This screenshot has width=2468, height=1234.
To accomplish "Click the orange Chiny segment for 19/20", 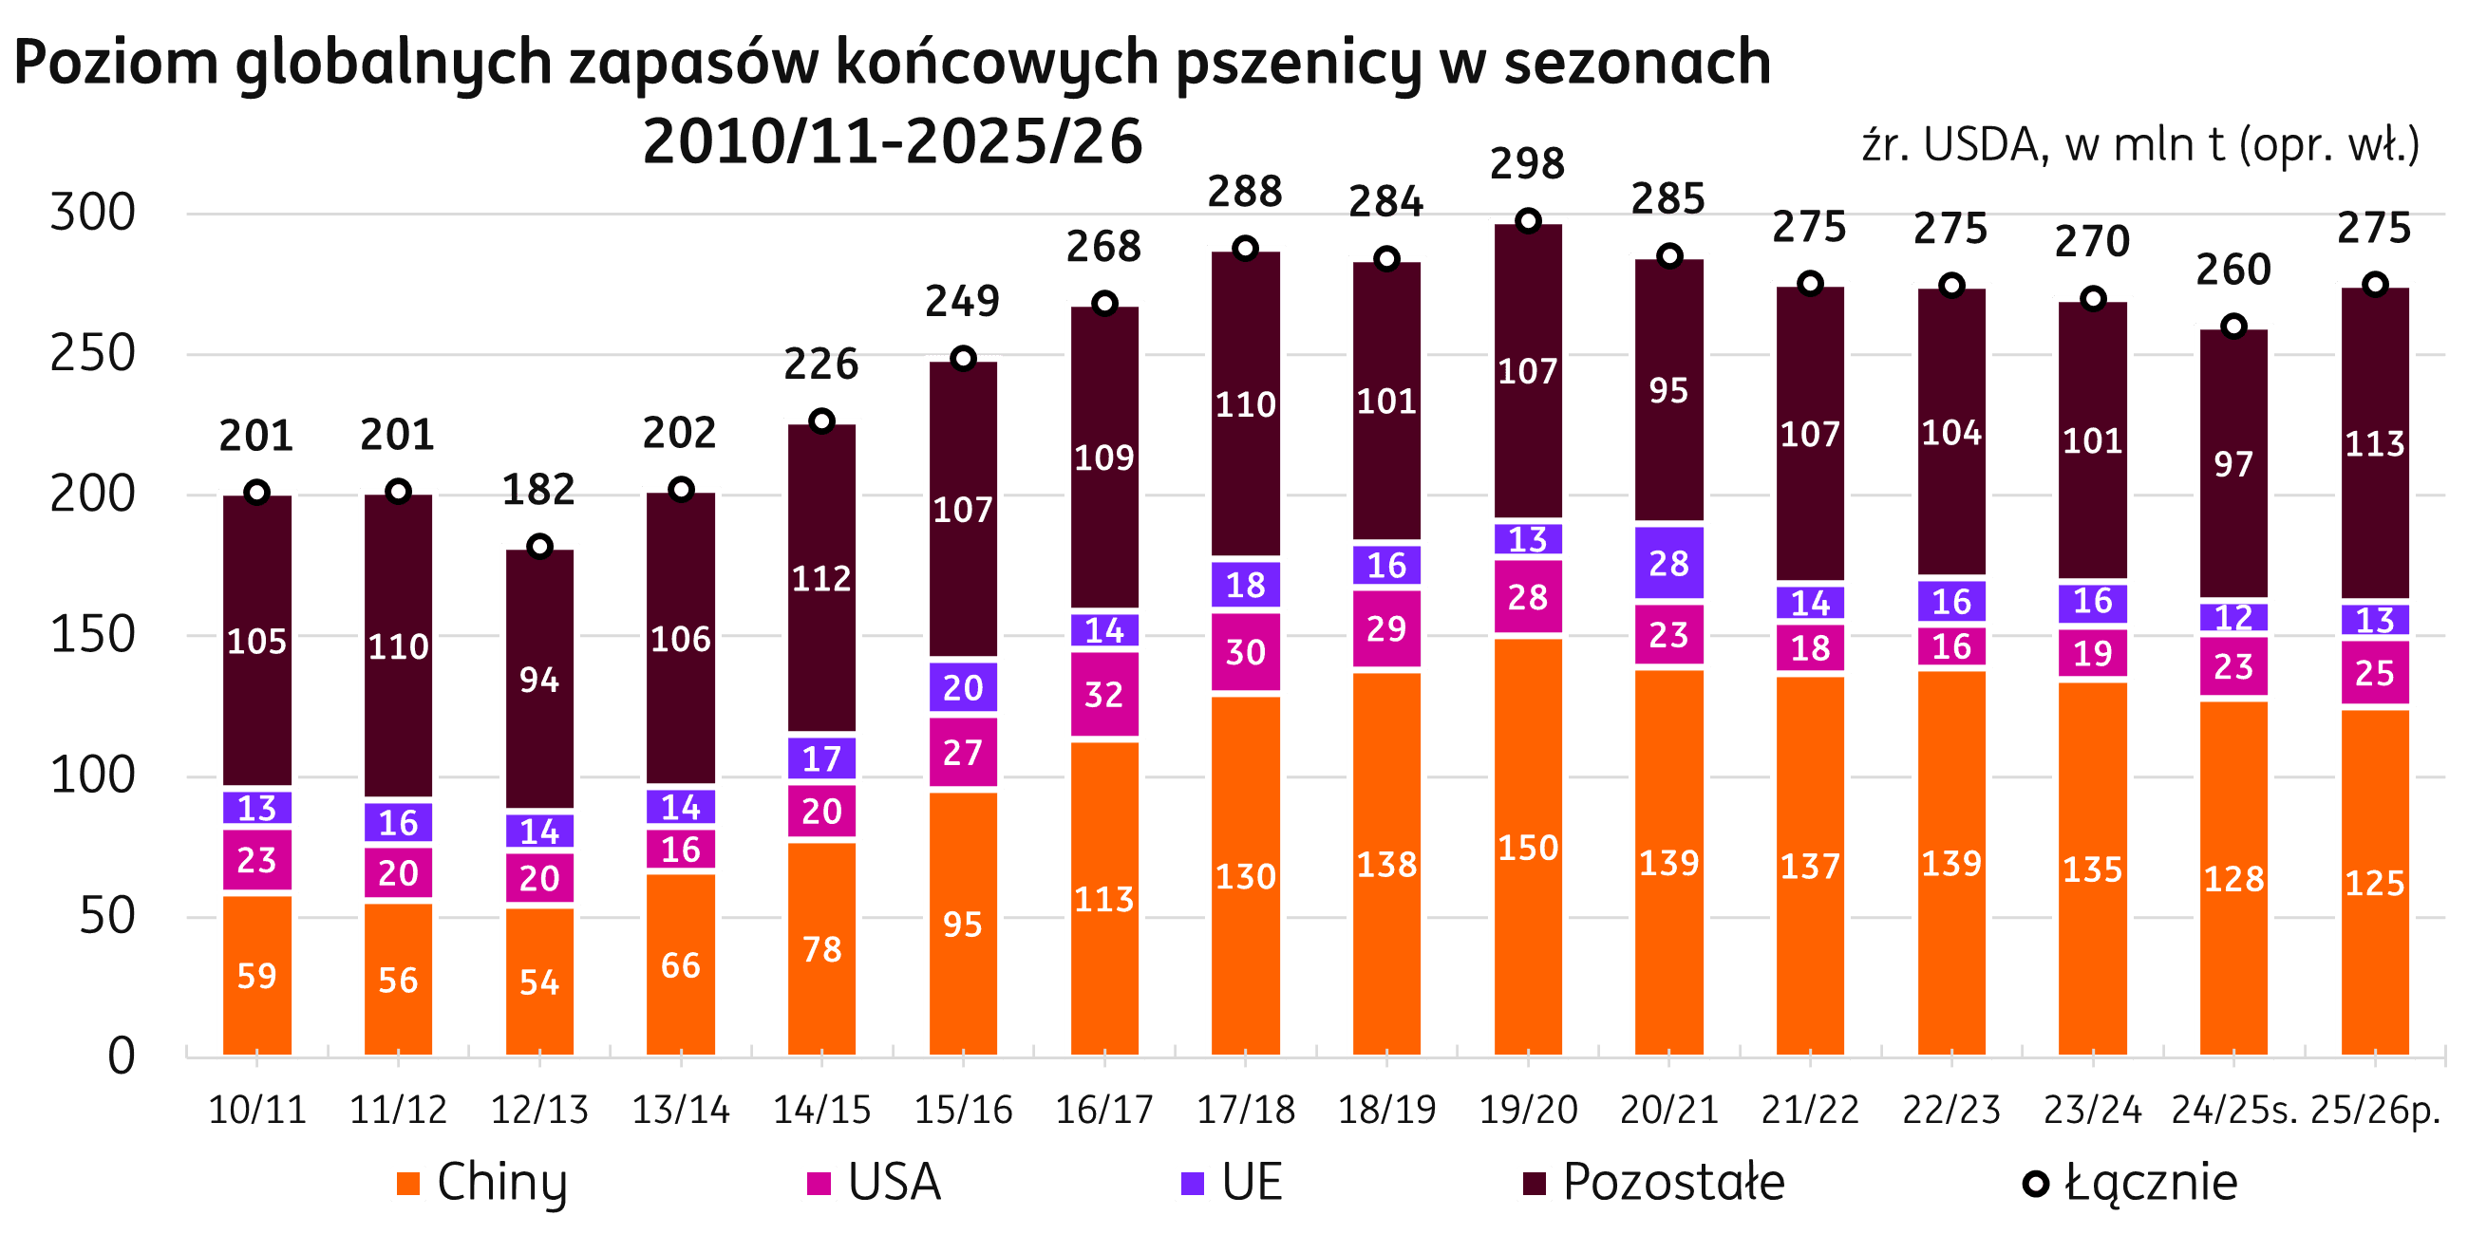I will point(1528,847).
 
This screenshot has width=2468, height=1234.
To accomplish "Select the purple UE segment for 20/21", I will point(1669,562).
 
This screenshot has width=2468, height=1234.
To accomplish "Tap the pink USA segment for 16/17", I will point(1103,694).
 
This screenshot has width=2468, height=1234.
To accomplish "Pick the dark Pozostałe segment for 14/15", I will point(822,577).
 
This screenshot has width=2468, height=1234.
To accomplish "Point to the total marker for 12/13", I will point(539,547).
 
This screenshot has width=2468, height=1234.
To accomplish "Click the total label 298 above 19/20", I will point(1527,164).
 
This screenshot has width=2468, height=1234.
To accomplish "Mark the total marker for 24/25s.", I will point(2233,327).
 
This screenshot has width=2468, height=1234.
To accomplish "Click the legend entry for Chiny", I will point(480,1182).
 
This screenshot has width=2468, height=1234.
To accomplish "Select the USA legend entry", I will point(872,1182).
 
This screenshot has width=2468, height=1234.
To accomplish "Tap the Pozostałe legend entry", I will point(1651,1182).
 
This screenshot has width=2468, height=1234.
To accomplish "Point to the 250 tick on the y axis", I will point(92,354).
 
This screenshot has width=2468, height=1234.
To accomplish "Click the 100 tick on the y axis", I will point(92,776).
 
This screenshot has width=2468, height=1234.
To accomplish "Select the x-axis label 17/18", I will point(1246,1110).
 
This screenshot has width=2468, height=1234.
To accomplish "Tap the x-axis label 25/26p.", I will point(2375,1110).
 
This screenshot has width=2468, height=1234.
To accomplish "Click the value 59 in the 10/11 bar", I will point(256,975).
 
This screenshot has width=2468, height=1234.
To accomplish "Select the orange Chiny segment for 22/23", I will point(1951,863).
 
